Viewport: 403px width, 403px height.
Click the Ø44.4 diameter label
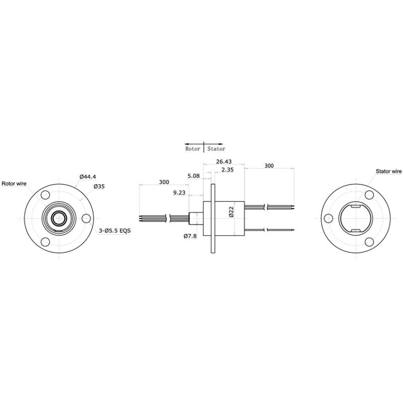click(88, 177)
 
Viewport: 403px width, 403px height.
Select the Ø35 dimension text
click(99, 186)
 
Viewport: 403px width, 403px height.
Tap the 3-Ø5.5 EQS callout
click(115, 231)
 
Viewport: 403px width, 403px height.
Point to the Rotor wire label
click(14, 184)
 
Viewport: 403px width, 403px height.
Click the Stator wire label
click(388, 171)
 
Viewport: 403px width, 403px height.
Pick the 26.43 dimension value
click(224, 162)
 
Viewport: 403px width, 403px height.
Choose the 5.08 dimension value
click(193, 176)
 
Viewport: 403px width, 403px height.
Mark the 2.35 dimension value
click(228, 170)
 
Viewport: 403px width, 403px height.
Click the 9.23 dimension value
click(179, 193)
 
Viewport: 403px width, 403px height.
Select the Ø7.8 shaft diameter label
click(190, 236)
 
